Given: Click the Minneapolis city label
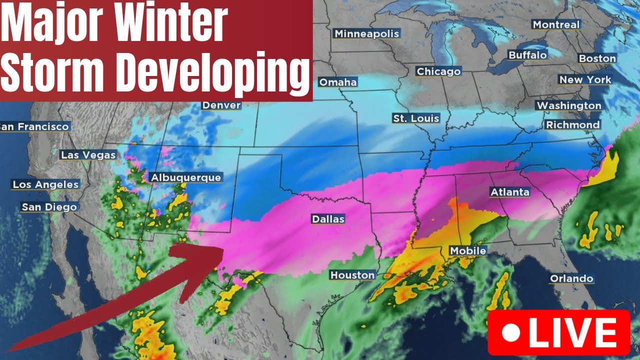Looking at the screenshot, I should [367, 33].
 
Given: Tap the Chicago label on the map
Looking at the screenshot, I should [438, 71].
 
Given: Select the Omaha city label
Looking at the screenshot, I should [337, 82].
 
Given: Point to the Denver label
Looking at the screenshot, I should [221, 105].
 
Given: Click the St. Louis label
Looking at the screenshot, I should [416, 118].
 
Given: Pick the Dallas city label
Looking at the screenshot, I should [328, 219].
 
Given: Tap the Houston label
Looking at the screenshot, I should [352, 275].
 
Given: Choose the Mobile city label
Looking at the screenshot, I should [468, 250].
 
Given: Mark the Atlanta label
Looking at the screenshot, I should [509, 192].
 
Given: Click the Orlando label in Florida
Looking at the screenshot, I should [571, 278].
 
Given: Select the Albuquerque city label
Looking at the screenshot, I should [185, 177].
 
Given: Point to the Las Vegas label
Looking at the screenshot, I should [88, 155].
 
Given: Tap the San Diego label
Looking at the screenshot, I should [49, 207].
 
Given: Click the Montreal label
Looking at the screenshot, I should [556, 24].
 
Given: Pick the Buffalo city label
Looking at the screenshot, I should [527, 55].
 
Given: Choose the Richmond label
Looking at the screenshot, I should [572, 124].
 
